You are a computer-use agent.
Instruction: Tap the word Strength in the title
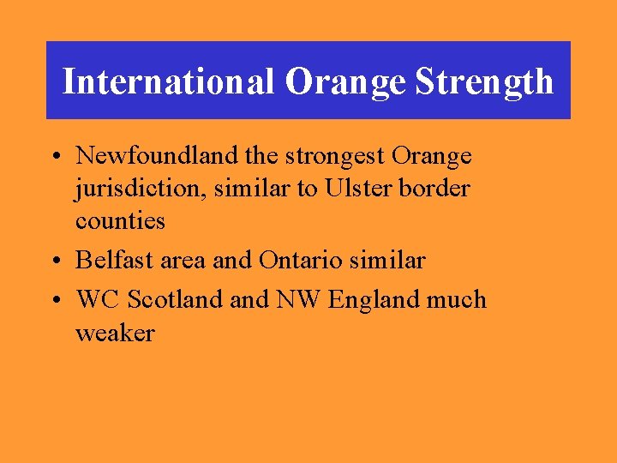[484, 82]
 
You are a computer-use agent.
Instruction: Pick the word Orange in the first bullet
[431, 157]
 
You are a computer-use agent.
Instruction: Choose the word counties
[120, 221]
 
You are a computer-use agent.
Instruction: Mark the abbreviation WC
[99, 300]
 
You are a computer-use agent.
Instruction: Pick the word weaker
[115, 334]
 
